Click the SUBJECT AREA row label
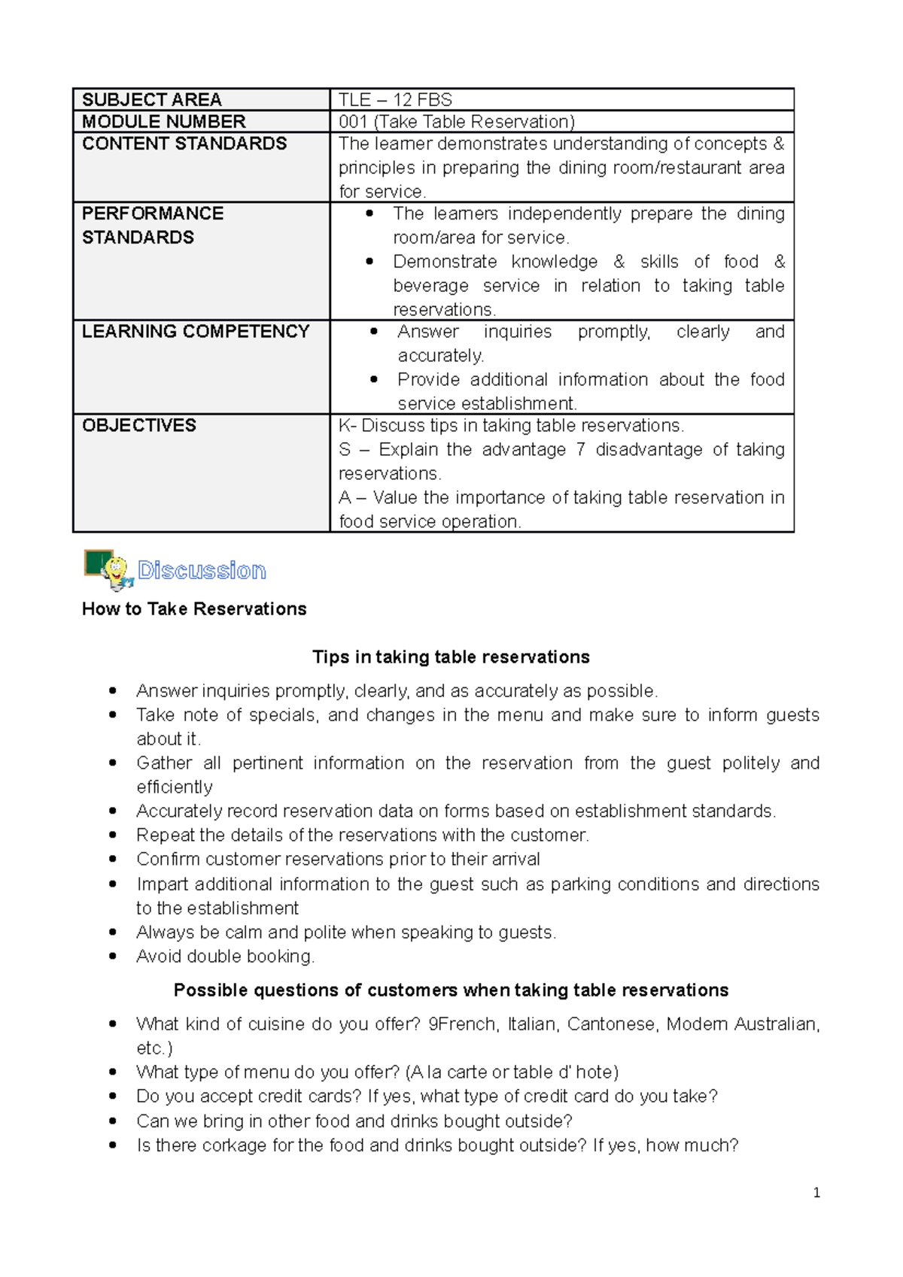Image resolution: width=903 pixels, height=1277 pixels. (151, 100)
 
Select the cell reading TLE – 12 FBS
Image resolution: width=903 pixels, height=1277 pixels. (395, 100)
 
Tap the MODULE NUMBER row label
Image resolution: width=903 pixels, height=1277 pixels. (163, 122)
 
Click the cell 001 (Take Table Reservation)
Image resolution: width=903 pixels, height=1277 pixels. (456, 122)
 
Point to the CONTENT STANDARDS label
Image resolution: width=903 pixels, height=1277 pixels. (184, 144)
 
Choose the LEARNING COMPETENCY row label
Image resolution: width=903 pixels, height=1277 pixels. (196, 332)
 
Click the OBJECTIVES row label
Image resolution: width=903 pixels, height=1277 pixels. (138, 426)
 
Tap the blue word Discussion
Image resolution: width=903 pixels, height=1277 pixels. (202, 571)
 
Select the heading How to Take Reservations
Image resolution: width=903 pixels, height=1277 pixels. (194, 609)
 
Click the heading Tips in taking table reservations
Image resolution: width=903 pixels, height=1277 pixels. (451, 657)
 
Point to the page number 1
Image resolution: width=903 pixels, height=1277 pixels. (816, 1193)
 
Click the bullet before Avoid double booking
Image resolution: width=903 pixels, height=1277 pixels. (113, 957)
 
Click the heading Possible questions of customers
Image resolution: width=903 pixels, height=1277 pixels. (451, 990)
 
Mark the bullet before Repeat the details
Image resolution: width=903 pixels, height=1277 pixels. (113, 836)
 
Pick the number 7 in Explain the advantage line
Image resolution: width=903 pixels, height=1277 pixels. (580, 450)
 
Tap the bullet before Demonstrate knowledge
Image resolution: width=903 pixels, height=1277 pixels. (369, 262)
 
